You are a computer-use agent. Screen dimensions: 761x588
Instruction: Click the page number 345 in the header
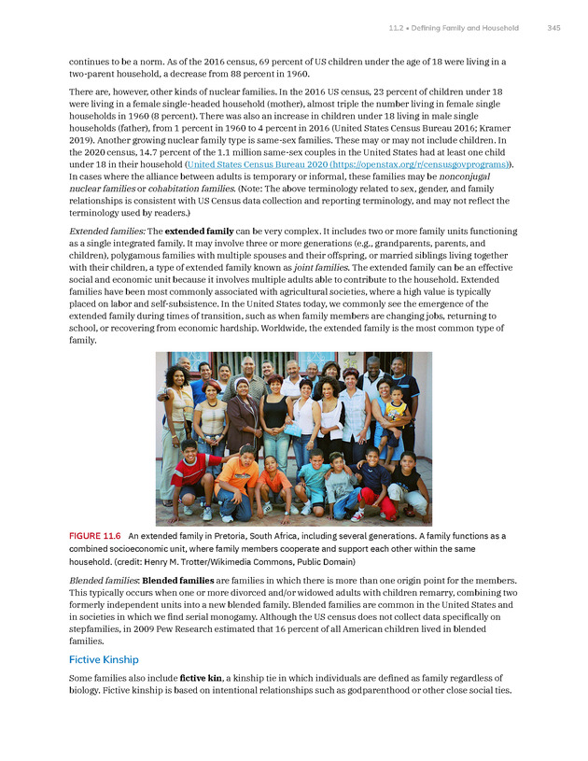(553, 28)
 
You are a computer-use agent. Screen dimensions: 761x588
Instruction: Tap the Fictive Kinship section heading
(104, 659)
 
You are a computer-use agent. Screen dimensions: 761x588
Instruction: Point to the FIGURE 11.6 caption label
(95, 536)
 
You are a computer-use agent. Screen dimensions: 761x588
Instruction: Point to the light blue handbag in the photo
(292, 430)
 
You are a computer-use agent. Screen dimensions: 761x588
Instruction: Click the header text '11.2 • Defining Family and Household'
(454, 28)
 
